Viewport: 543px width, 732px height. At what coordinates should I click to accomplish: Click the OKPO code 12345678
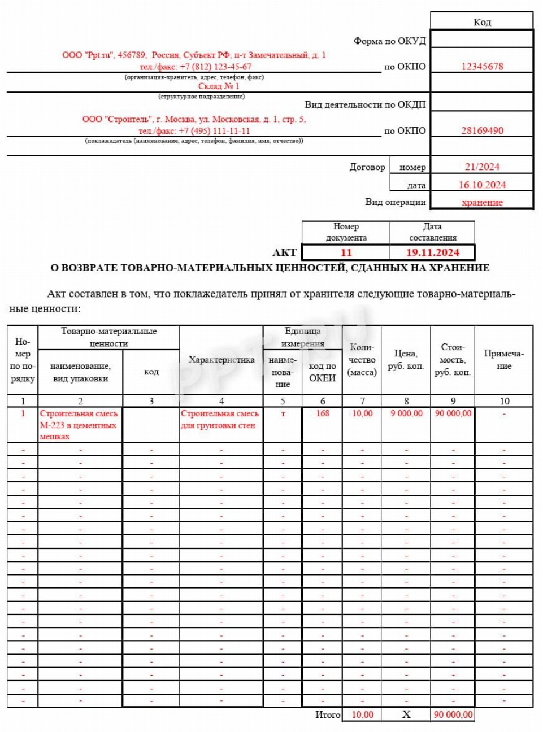coord(482,66)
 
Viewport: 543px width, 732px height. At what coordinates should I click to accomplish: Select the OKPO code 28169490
coord(482,130)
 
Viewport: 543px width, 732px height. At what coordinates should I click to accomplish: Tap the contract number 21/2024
coord(482,167)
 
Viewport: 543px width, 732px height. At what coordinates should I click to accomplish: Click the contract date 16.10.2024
coord(482,185)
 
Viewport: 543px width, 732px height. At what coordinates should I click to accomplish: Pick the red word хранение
coord(482,202)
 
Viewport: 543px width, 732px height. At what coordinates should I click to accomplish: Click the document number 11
coord(346,252)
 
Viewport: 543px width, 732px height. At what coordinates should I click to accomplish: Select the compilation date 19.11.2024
coord(432,252)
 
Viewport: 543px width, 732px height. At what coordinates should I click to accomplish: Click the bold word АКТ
coord(284,252)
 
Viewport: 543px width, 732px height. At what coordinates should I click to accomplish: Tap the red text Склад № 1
coord(219,86)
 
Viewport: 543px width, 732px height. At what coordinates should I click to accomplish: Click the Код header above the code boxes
coord(482,22)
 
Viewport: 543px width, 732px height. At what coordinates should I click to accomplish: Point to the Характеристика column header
coord(221,360)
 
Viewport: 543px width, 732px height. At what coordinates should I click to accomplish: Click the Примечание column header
coord(504,360)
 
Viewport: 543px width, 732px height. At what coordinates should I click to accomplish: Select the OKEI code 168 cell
coord(323,413)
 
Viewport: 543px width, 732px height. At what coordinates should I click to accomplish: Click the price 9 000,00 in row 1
coord(406,413)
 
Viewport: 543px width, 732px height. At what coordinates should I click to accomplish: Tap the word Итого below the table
coord(328,714)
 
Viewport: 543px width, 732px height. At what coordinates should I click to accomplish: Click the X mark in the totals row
coord(406,714)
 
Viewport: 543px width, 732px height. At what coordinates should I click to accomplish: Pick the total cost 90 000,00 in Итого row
coord(453,714)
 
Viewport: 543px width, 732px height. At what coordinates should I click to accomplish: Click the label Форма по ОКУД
coord(389,41)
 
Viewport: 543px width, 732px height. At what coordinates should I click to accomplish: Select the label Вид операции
coord(395,202)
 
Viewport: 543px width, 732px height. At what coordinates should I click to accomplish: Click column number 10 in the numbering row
coord(504,401)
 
